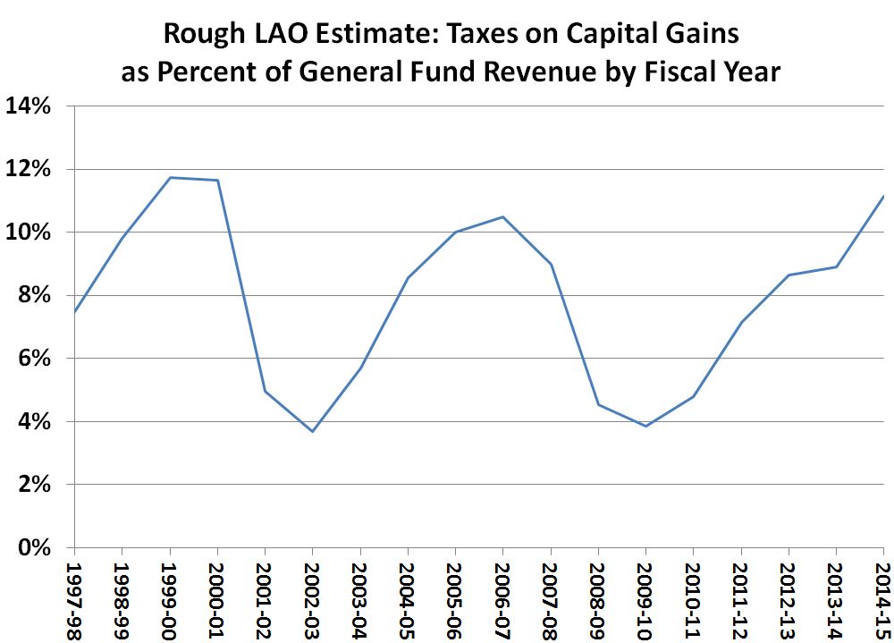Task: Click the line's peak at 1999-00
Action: point(170,177)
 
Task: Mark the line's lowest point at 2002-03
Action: point(312,432)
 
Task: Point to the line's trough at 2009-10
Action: point(645,426)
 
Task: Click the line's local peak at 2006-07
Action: point(502,216)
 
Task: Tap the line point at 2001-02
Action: point(265,391)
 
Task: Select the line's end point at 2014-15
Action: point(883,196)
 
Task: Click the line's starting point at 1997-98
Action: point(74,312)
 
